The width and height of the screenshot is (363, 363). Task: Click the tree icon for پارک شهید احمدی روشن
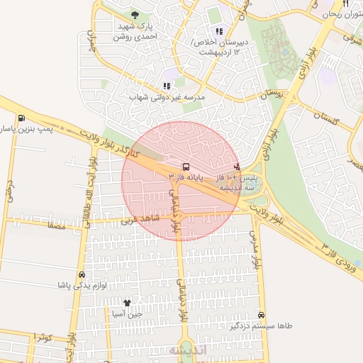click(135, 14)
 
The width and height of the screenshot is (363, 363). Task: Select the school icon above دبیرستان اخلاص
click(218, 30)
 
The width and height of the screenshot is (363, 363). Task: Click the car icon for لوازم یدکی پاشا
click(82, 274)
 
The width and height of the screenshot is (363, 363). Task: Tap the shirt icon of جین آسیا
click(128, 303)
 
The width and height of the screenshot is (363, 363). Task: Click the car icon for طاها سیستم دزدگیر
click(262, 315)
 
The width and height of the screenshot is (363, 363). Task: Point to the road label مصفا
click(55, 227)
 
